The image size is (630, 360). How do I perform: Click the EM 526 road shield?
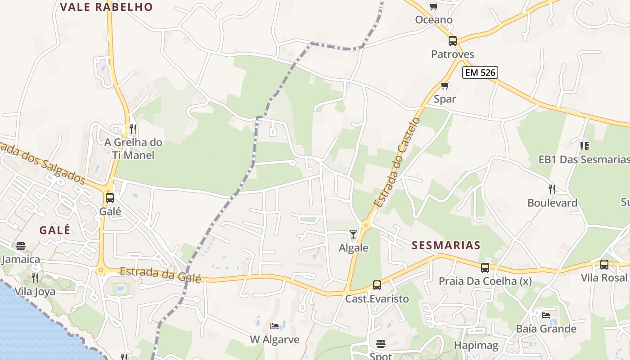pyautogui.click(x=481, y=72)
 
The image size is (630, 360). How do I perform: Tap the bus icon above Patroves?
pyautogui.click(x=453, y=41)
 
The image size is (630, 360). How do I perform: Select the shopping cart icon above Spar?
pyautogui.click(x=445, y=85)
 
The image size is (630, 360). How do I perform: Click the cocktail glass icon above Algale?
pyautogui.click(x=353, y=234)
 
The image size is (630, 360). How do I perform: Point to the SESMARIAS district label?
pyautogui.click(x=446, y=245)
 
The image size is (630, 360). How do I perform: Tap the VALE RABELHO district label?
pyautogui.click(x=106, y=7)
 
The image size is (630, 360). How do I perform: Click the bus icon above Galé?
pyautogui.click(x=110, y=198)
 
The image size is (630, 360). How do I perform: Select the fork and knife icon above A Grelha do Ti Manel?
pyautogui.click(x=133, y=130)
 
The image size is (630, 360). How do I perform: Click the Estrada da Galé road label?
pyautogui.click(x=160, y=274)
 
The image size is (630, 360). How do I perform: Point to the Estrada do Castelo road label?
pyautogui.click(x=397, y=162)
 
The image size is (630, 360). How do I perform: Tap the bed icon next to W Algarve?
pyautogui.click(x=274, y=326)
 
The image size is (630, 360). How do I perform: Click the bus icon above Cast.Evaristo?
pyautogui.click(x=377, y=285)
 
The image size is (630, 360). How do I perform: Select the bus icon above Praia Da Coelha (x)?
pyautogui.click(x=485, y=268)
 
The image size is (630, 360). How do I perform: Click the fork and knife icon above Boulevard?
pyautogui.click(x=552, y=189)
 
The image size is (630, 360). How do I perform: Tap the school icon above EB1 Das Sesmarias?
pyautogui.click(x=585, y=146)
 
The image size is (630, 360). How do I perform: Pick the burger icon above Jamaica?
pyautogui.click(x=21, y=246)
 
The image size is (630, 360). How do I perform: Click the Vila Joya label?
pyautogui.click(x=35, y=292)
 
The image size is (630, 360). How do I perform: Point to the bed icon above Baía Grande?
pyautogui.click(x=546, y=315)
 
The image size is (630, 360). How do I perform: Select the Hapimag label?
pyautogui.click(x=476, y=346)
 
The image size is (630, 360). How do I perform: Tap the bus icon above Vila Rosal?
pyautogui.click(x=604, y=265)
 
